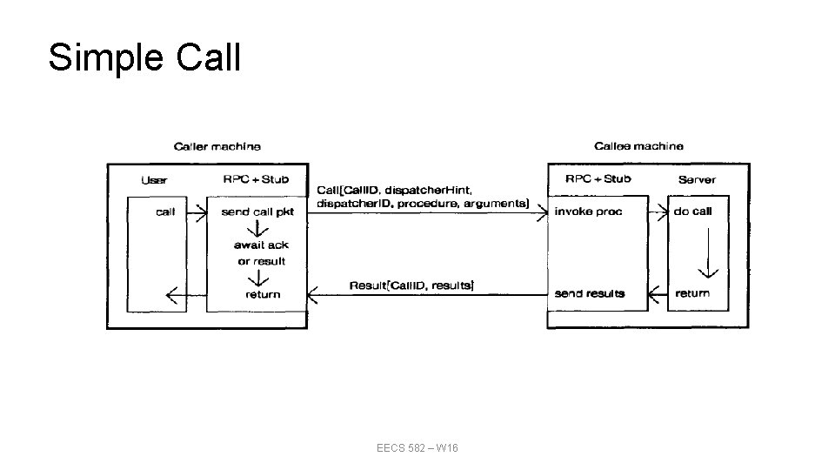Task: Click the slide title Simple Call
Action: coord(144,57)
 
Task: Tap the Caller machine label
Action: coord(217,146)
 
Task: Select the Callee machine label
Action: coord(638,146)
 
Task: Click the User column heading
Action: coord(154,180)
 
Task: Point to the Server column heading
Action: coord(697,179)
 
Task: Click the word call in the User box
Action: coord(165,211)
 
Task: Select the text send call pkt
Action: coord(257,211)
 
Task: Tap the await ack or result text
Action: coord(260,253)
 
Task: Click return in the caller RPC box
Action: coord(263,294)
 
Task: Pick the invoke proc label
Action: coord(589,211)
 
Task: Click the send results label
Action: coord(590,293)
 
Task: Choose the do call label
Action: coord(692,211)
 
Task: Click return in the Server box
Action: coord(692,293)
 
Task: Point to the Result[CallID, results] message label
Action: coord(411,285)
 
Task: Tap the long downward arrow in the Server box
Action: coord(711,252)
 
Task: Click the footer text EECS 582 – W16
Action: coord(417,447)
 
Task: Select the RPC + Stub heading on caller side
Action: coord(256,179)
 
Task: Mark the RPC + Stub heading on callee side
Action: coord(598,179)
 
